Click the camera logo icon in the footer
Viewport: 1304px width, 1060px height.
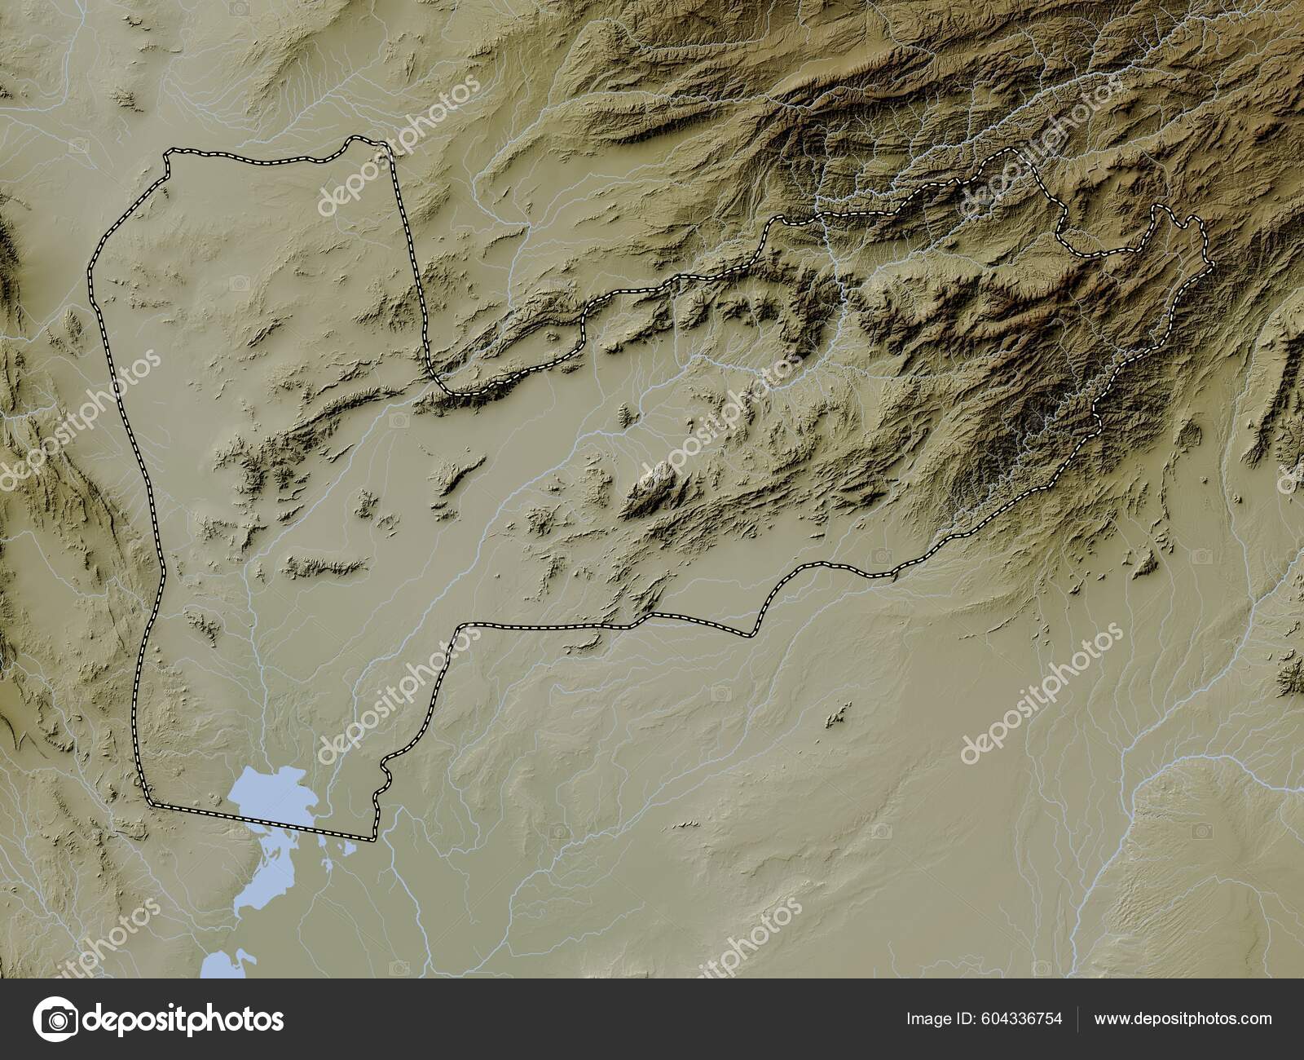(55, 1019)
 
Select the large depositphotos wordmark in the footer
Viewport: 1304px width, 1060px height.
(183, 1019)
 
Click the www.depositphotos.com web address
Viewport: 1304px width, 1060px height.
(1183, 1018)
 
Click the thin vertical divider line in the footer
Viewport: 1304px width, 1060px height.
(1078, 1018)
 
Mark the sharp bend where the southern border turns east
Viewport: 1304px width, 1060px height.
(463, 627)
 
